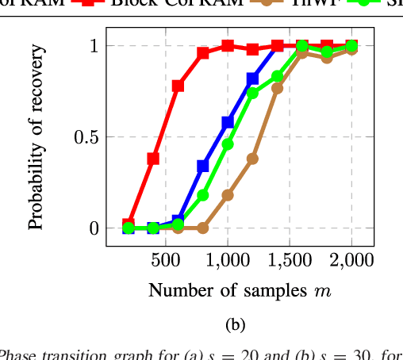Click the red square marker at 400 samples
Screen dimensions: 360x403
click(153, 159)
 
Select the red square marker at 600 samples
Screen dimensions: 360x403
click(178, 86)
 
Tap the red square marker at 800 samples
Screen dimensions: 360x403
click(203, 53)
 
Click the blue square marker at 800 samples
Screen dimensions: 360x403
click(203, 166)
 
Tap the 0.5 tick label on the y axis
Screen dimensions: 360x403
click(85, 137)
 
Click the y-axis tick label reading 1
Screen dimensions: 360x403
click(93, 46)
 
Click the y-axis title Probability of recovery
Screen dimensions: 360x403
click(36, 138)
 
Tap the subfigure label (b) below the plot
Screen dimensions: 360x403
click(236, 324)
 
